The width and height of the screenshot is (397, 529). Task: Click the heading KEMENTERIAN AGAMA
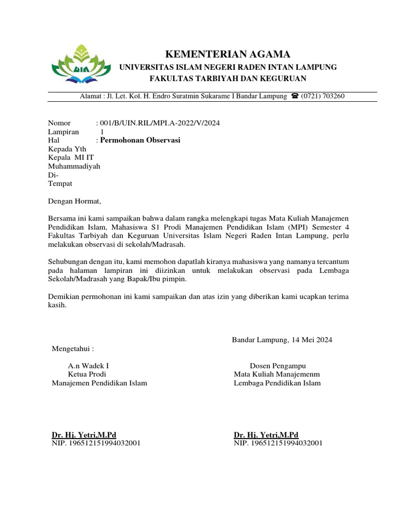coord(227,54)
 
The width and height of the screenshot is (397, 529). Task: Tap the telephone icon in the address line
coord(295,96)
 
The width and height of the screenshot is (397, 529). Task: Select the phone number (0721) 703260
coord(323,96)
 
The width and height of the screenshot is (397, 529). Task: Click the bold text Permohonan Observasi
coord(140,140)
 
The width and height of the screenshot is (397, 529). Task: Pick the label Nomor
coord(58,123)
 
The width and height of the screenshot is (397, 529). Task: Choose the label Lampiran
coord(63,132)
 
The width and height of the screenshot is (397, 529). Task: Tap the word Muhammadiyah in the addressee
coord(74,166)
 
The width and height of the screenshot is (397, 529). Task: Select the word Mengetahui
coord(73,349)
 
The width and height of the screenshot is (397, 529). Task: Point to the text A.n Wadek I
coord(88,366)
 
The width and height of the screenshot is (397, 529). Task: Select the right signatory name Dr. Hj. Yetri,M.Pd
coord(266,435)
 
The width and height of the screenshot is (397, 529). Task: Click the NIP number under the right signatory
coord(278,443)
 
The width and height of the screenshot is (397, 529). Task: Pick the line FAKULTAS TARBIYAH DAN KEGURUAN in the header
coord(228,79)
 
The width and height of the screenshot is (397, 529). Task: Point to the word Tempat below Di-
coord(60,183)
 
